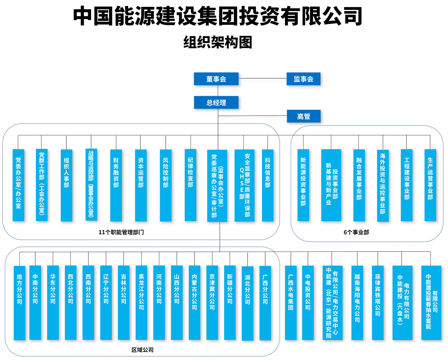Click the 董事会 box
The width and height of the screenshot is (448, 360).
216,79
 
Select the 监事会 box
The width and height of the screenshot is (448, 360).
303,79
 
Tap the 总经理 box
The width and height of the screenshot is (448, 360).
216,102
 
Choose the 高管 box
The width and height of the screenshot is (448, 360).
304,116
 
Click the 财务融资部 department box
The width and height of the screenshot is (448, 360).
116,185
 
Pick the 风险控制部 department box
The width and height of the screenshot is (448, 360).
166,185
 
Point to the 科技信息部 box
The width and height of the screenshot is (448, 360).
268,185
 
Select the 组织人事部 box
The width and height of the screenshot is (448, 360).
66,185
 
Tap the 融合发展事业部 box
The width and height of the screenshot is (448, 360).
359,185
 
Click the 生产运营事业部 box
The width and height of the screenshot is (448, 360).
430,185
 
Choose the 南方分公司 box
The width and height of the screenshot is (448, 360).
20,303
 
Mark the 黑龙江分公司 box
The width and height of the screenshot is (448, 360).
141,303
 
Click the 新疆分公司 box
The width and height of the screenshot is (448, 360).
230,303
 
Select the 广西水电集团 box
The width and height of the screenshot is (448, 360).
291,303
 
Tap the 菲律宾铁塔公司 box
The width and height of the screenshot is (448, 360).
378,303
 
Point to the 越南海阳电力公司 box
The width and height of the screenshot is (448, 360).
357,303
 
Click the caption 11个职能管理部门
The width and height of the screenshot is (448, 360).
121,232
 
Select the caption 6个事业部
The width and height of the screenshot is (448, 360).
356,232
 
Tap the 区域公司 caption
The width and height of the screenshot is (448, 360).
142,350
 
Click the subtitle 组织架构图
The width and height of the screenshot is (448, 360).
218,42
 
